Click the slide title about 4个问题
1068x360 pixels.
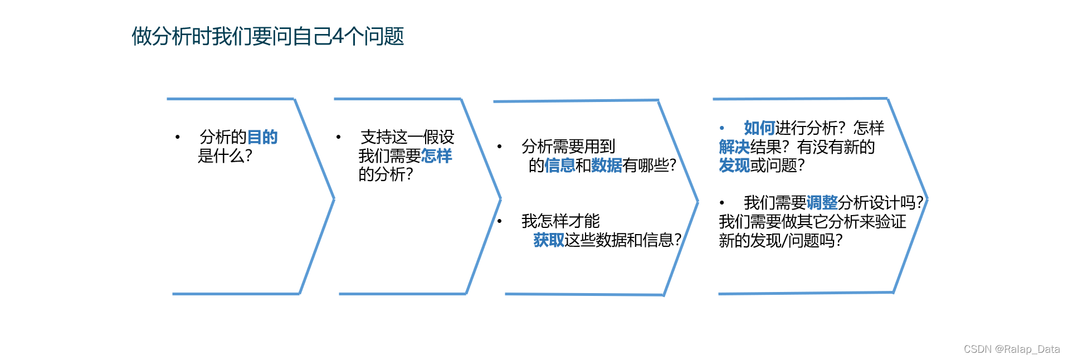267,37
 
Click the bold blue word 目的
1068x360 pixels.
262,137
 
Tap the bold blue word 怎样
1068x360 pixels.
436,156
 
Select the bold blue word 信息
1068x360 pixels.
559,166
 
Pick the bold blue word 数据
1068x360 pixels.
607,166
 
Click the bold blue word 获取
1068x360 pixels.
549,240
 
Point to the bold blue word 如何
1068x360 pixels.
759,128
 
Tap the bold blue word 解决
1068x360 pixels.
734,147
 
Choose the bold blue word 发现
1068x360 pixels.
734,166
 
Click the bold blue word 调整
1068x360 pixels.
822,203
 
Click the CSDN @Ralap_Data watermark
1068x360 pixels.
1011,349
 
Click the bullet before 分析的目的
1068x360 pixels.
177,137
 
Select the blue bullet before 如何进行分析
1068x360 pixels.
721,128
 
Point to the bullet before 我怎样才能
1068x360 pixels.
500,221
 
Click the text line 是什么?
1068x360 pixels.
225,156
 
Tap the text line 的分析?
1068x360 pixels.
386,175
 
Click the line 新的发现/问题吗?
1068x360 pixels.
780,241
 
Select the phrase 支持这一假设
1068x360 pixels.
407,137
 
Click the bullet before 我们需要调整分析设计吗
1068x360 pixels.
721,203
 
